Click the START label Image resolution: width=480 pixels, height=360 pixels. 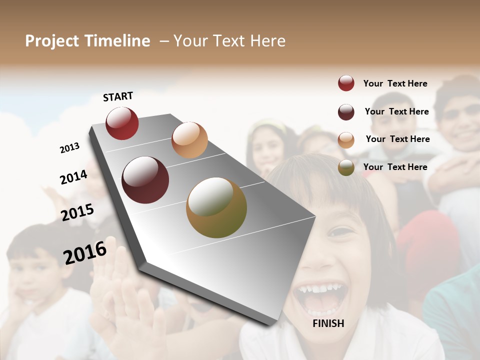[x=118, y=96]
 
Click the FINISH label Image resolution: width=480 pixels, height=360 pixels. [x=328, y=323]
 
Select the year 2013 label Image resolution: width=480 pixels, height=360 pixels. [x=69, y=148]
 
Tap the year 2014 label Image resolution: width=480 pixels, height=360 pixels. [x=73, y=177]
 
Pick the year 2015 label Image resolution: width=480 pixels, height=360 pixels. [x=77, y=212]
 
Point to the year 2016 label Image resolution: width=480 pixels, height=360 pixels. [x=85, y=252]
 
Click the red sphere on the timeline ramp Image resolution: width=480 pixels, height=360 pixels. [x=122, y=123]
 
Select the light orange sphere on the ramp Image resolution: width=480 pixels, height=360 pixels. [x=189, y=140]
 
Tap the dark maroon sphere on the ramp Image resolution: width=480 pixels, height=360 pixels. [x=145, y=180]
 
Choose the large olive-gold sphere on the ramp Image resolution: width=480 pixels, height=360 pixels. [x=216, y=207]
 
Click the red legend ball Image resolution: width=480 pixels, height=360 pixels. [x=346, y=83]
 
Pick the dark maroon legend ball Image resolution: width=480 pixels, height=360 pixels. [x=346, y=112]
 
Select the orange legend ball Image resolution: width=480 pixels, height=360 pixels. [x=346, y=140]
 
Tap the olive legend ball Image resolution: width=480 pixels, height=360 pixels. [x=346, y=167]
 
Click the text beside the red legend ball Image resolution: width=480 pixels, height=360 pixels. [x=395, y=83]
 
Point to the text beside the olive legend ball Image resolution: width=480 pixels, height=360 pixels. [x=395, y=167]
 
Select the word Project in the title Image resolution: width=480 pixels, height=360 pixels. [x=52, y=41]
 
